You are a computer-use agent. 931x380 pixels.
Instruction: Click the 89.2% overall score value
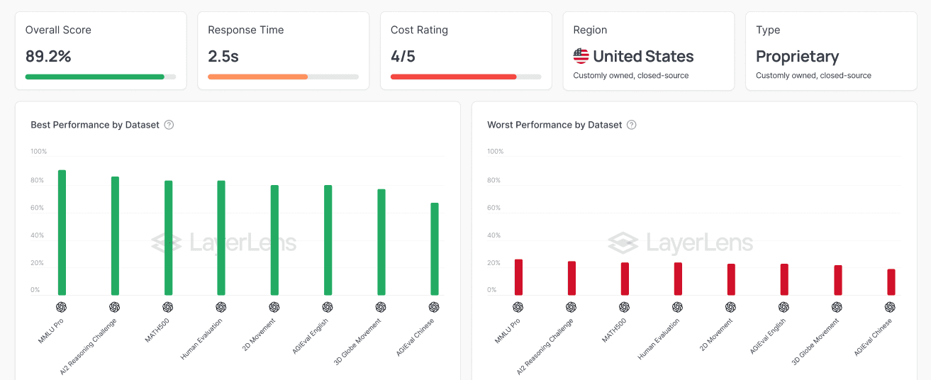tap(48, 56)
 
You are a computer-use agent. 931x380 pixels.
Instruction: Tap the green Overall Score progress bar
tap(95, 77)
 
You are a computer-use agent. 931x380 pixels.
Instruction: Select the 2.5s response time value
tap(223, 56)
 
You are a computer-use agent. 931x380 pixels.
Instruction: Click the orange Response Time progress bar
tap(257, 77)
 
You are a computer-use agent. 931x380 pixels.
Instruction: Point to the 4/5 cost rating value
tap(403, 56)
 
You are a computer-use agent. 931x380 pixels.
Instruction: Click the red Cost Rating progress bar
tap(454, 77)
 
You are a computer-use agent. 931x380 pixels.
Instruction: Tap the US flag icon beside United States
tap(581, 56)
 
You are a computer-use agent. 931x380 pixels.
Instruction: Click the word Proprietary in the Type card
tap(797, 57)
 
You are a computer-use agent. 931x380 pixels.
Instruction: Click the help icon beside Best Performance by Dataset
tap(169, 125)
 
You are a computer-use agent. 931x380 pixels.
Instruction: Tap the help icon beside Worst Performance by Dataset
tap(631, 125)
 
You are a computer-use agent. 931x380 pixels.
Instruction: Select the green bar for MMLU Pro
tap(62, 233)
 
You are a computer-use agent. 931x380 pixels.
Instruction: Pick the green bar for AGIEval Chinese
tap(435, 249)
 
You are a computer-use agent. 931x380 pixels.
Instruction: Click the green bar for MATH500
tap(168, 238)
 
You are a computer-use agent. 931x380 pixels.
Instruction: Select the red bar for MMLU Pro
tap(518, 277)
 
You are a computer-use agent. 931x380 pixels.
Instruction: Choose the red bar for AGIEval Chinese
tap(891, 282)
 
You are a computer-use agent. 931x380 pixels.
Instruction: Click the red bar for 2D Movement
tap(731, 279)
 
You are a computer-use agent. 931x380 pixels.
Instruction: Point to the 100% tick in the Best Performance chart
tap(39, 151)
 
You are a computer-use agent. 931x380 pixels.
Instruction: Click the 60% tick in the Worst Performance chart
tap(494, 208)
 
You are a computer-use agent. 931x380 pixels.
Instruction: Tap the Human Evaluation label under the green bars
tap(201, 339)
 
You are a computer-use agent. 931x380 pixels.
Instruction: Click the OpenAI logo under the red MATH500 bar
tap(624, 307)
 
